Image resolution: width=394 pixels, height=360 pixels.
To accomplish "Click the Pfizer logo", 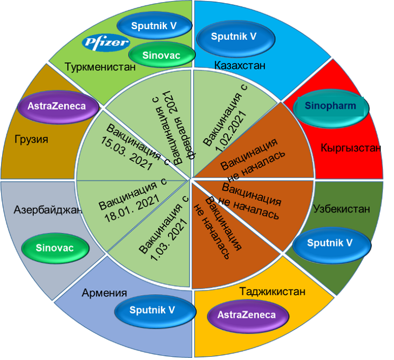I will [106, 43].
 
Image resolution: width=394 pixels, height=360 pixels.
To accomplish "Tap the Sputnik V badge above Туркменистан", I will [154, 25].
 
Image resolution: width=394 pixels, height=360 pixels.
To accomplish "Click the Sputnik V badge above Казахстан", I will [233, 37].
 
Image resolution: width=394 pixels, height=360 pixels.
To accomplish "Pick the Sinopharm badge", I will [331, 106].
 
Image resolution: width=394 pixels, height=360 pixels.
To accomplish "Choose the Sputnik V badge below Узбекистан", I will [330, 243].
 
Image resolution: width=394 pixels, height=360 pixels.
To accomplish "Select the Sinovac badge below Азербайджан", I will [54, 248].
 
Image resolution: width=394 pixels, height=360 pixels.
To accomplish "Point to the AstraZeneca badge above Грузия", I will [59, 106].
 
